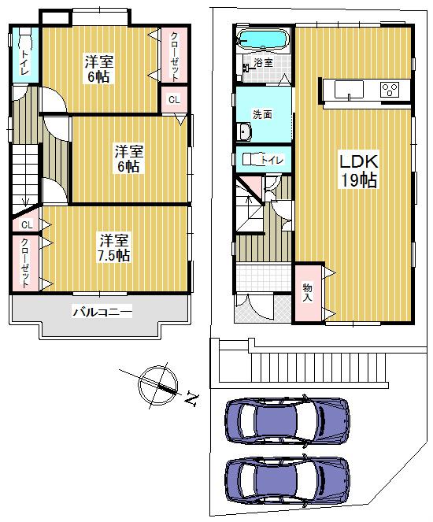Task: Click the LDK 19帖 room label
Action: (358, 170)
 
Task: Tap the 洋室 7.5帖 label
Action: (114, 247)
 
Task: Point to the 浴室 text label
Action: (263, 62)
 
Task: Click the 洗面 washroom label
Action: (262, 114)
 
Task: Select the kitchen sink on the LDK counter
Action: (347, 90)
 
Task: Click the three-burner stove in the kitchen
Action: (390, 90)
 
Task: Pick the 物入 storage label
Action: (306, 291)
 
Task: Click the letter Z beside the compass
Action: (190, 399)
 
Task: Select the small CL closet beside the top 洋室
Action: (174, 99)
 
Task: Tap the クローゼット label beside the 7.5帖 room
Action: (26, 261)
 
